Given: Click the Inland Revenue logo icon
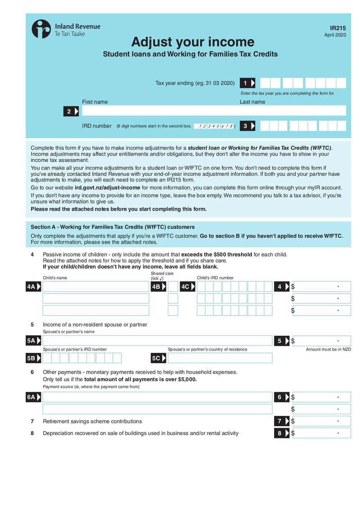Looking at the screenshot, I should click(x=41, y=29).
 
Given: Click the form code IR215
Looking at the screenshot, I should click(x=338, y=28).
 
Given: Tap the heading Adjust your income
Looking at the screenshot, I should click(x=193, y=42).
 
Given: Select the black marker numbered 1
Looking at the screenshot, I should click(x=247, y=83).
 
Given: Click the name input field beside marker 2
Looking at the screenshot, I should click(x=214, y=111).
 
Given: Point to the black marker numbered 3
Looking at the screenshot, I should click(x=247, y=126).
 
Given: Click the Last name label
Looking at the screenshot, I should click(x=252, y=102).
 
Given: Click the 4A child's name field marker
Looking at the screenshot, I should click(x=33, y=287).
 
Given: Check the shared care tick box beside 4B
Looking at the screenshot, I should click(x=173, y=287).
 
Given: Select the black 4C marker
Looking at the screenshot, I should click(x=187, y=287).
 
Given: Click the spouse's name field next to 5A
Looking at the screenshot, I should click(x=157, y=341).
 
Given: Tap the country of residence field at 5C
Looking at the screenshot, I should click(x=220, y=358).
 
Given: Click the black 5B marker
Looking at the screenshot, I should click(x=33, y=358).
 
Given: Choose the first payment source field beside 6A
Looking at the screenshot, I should click(x=157, y=397).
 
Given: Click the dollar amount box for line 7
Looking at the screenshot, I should click(x=321, y=421).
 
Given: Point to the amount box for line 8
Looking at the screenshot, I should click(x=321, y=433).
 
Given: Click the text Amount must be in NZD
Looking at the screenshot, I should click(x=328, y=349).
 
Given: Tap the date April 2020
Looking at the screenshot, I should click(x=335, y=35).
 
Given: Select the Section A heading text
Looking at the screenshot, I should click(x=112, y=227).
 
